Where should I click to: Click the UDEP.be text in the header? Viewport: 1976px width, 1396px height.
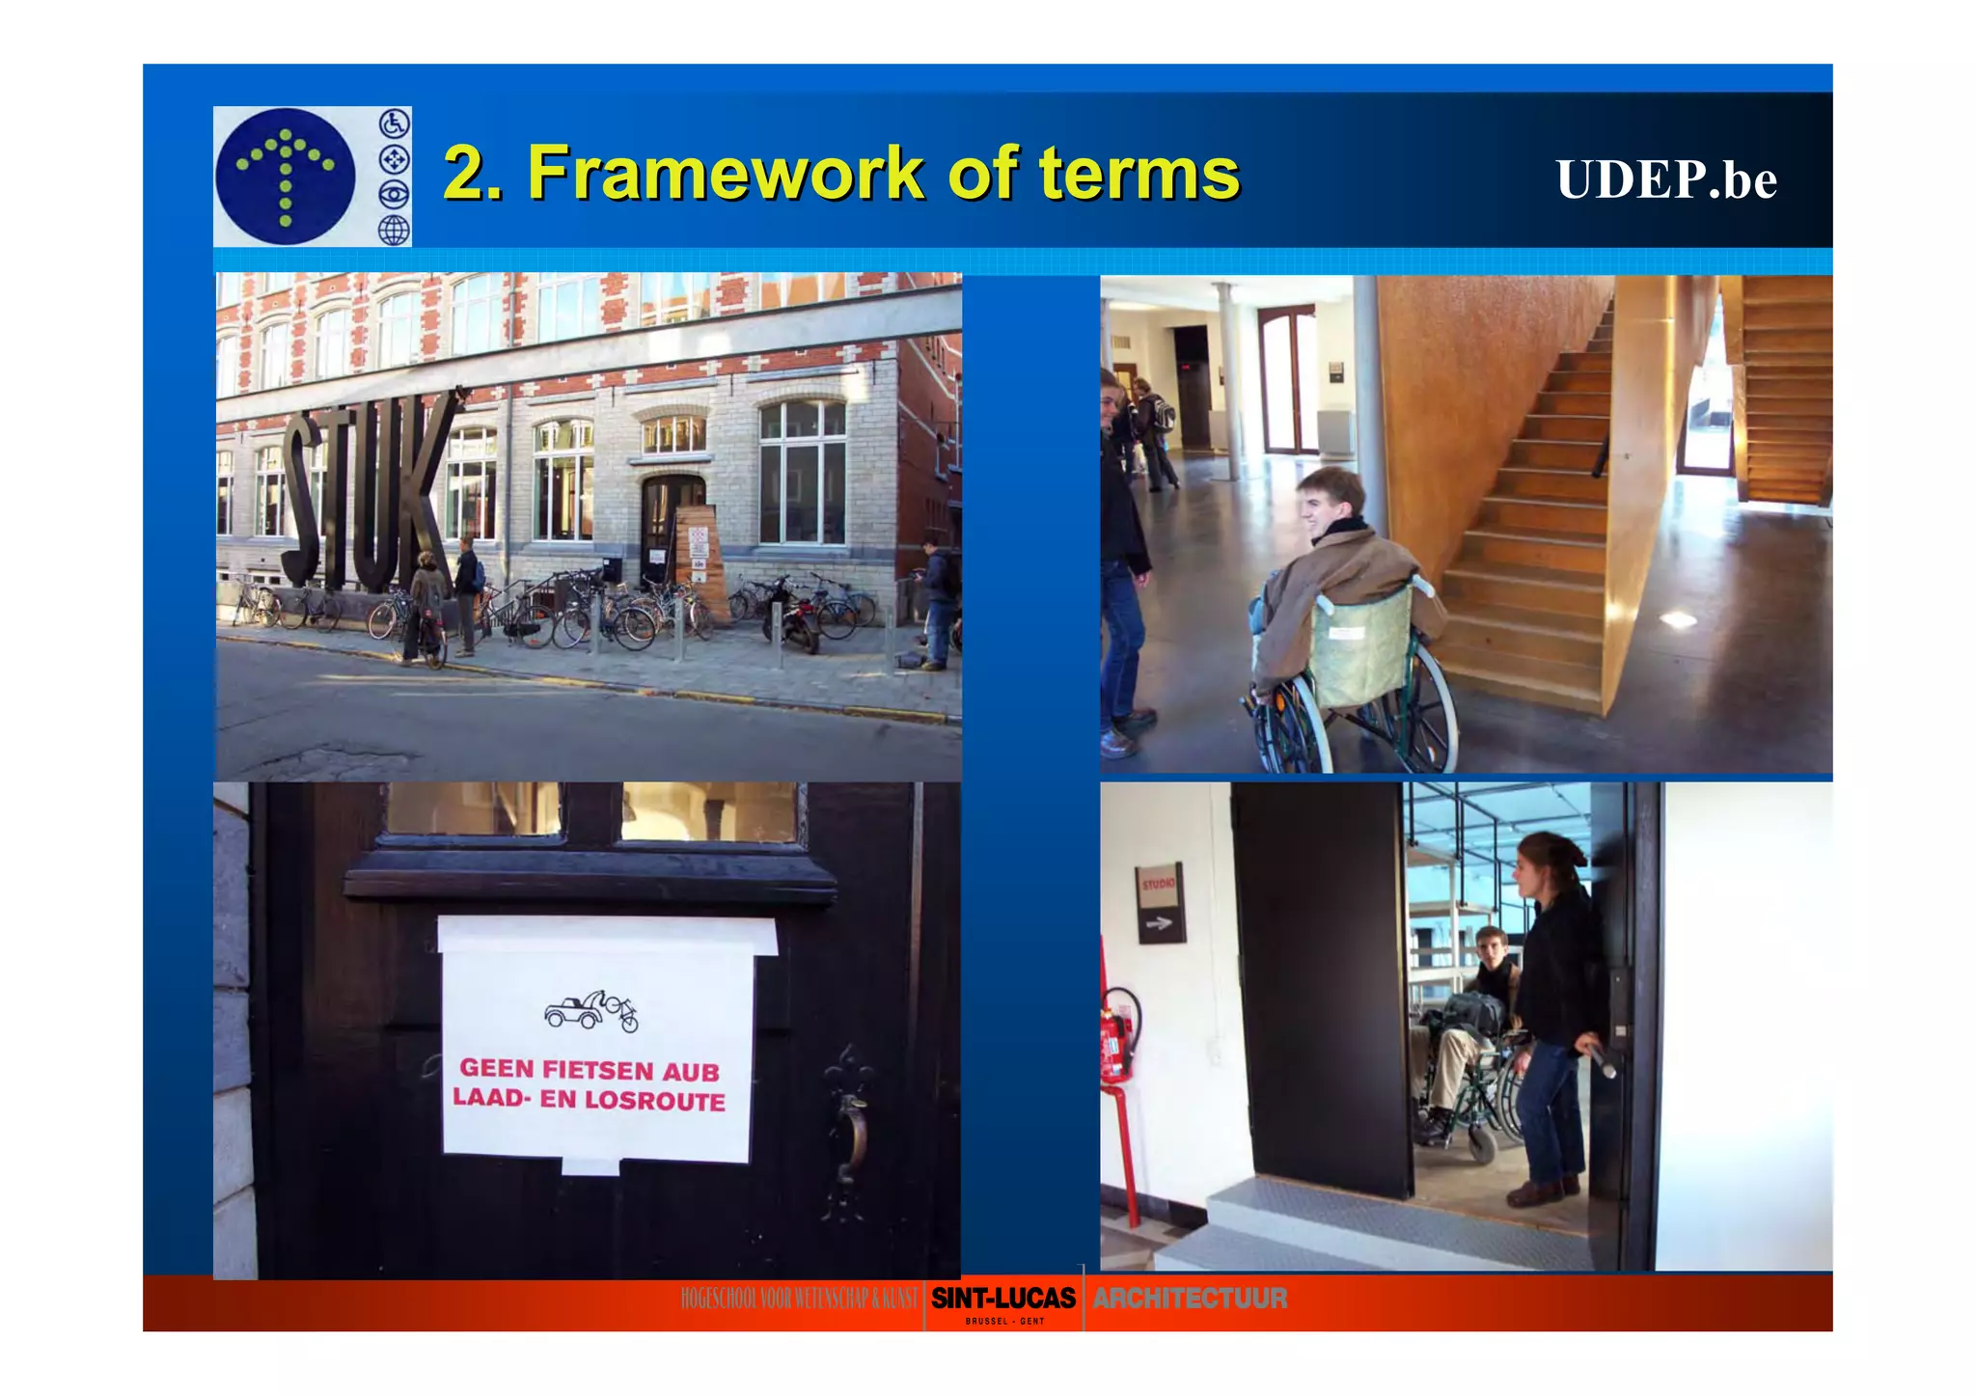pyautogui.click(x=1665, y=179)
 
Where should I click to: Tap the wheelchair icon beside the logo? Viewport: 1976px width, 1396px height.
pyautogui.click(x=394, y=123)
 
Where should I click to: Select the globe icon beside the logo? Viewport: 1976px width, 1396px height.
pyautogui.click(x=394, y=230)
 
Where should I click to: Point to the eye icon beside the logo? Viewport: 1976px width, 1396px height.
pyautogui.click(x=394, y=195)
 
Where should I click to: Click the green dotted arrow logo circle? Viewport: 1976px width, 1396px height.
pyautogui.click(x=286, y=176)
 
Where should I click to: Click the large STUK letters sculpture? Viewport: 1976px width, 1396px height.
pyautogui.click(x=367, y=487)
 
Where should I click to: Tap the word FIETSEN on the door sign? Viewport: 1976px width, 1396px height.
pyautogui.click(x=598, y=1069)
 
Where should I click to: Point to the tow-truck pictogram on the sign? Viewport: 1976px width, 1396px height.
pyautogui.click(x=590, y=1011)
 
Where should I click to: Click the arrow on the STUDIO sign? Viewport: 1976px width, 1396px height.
pyautogui.click(x=1159, y=923)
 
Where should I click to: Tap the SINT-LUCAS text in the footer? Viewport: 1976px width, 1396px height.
pyautogui.click(x=1003, y=1299)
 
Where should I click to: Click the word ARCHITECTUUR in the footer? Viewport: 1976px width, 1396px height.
pyautogui.click(x=1190, y=1299)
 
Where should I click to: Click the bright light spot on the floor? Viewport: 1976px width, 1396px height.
pyautogui.click(x=1679, y=619)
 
